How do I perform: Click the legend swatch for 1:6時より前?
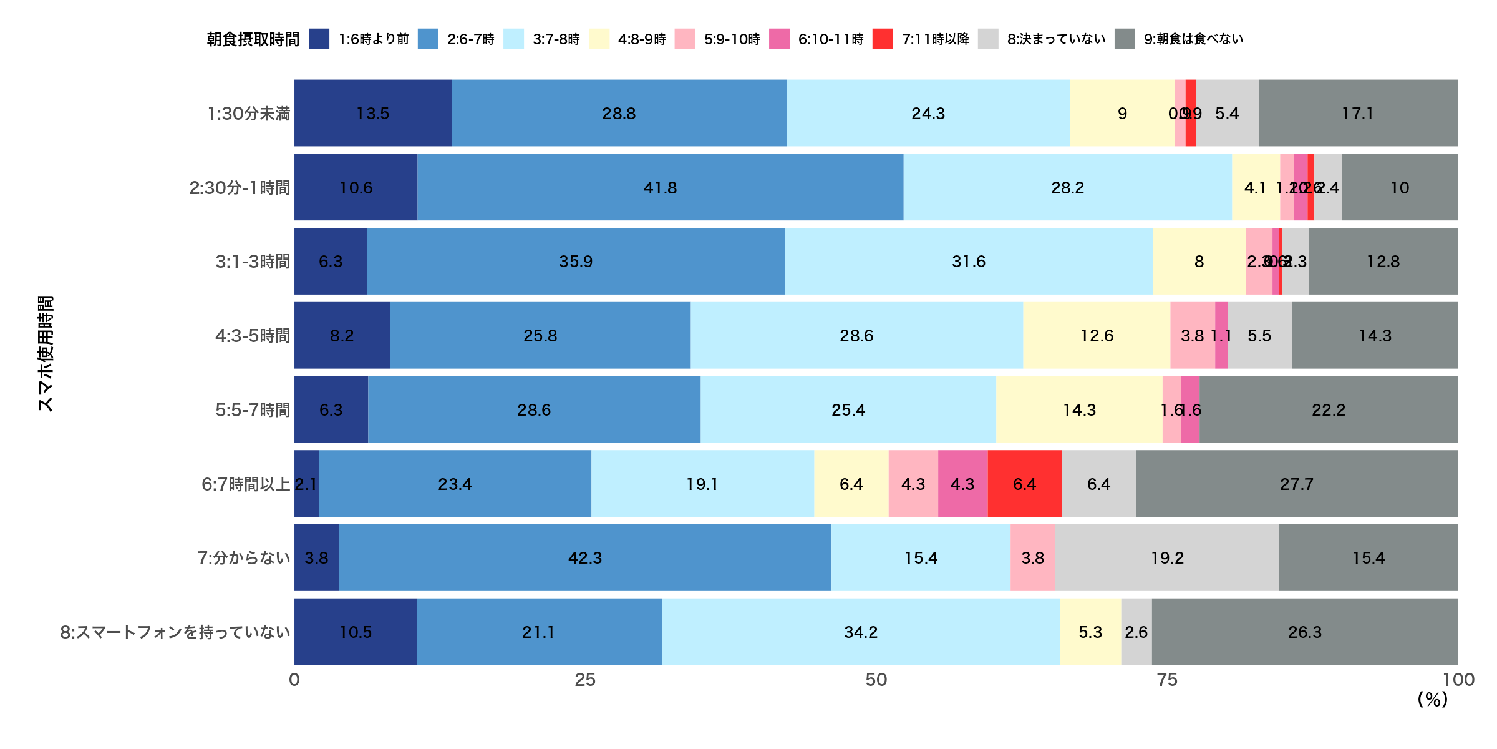click(319, 39)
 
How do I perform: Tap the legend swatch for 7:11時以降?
click(882, 39)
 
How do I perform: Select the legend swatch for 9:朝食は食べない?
click(1125, 39)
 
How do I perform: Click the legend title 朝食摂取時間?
click(253, 39)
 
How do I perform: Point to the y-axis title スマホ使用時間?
click(46, 354)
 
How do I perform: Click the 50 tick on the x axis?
click(876, 680)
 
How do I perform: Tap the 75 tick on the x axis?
click(1167, 680)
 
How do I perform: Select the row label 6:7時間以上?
click(246, 484)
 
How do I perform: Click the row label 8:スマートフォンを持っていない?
click(175, 632)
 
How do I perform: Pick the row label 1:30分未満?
click(248, 114)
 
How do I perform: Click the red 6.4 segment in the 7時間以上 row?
click(1024, 484)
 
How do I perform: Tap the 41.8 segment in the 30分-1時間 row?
click(660, 187)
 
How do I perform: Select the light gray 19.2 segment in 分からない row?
click(1167, 557)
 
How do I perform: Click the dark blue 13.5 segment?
click(372, 113)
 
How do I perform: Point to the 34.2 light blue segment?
click(860, 632)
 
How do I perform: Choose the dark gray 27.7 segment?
click(1297, 484)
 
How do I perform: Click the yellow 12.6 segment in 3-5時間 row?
click(1097, 335)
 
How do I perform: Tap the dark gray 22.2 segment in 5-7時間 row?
click(1329, 409)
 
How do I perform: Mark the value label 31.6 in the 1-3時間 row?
click(969, 262)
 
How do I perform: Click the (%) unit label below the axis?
click(1432, 700)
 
